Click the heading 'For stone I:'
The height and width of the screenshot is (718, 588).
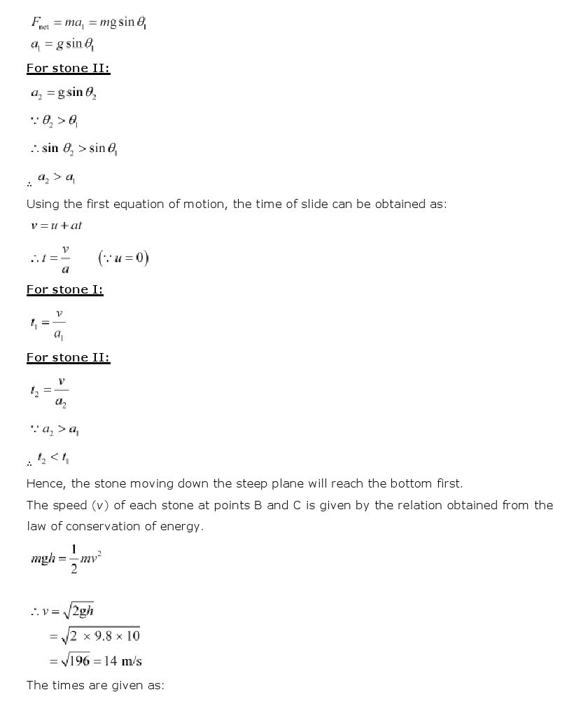(64, 290)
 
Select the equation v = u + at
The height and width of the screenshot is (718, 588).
(61, 226)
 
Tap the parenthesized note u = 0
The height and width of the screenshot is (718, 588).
(123, 258)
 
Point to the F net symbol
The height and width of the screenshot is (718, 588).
(39, 23)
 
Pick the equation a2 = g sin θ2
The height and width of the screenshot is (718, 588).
(64, 93)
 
